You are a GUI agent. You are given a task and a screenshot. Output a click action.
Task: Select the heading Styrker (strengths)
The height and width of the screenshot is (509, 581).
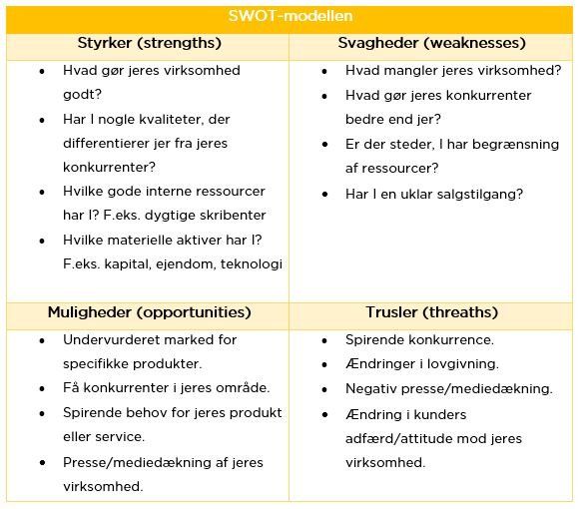point(149,44)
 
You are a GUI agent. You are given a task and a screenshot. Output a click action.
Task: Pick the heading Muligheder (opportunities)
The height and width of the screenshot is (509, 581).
point(149,313)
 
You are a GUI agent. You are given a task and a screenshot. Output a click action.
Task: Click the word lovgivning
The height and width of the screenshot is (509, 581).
point(462,364)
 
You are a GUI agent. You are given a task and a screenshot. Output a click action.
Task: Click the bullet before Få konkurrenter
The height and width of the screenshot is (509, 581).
point(41,388)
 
